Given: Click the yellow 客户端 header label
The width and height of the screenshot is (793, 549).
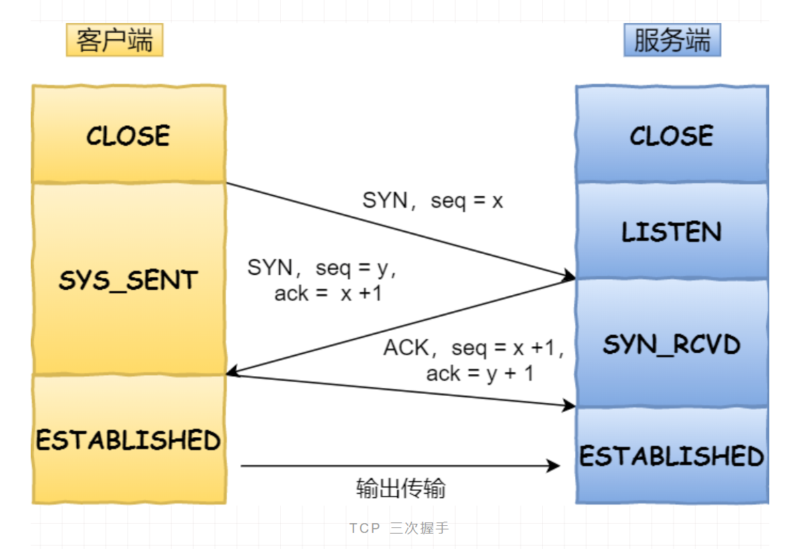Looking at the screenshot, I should click(115, 41).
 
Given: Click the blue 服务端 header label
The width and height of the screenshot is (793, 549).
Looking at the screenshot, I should click(671, 41).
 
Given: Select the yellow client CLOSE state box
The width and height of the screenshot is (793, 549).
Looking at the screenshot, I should click(129, 135).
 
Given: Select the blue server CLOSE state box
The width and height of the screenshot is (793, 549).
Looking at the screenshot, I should click(671, 135).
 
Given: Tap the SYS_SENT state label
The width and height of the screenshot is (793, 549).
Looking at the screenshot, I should click(129, 280).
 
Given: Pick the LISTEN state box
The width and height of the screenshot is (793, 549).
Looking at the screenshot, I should click(671, 231).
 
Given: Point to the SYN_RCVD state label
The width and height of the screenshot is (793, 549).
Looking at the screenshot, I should click(671, 344).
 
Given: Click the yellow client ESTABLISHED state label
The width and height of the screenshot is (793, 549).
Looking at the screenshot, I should click(129, 440).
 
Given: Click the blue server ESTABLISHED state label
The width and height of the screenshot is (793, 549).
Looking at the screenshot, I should click(671, 456).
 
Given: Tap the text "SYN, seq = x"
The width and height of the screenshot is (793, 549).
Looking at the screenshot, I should click(432, 201).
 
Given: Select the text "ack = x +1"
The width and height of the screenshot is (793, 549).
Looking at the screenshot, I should click(328, 294).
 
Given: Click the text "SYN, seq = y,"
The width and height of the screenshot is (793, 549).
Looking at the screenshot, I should click(322, 269).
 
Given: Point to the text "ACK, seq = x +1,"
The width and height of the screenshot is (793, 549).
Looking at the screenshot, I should click(473, 348).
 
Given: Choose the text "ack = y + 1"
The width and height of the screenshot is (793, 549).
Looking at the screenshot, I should click(479, 373).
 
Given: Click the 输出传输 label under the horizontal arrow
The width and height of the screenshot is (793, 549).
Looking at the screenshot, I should click(400, 487).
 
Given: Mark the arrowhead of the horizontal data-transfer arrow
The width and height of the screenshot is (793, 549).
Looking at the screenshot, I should click(554, 465).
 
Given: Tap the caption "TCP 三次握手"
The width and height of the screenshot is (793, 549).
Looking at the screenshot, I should click(399, 528).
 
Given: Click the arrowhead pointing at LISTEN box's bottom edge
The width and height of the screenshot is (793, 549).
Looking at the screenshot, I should click(569, 277).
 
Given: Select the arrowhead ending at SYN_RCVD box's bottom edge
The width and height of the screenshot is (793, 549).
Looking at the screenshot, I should click(569, 405).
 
